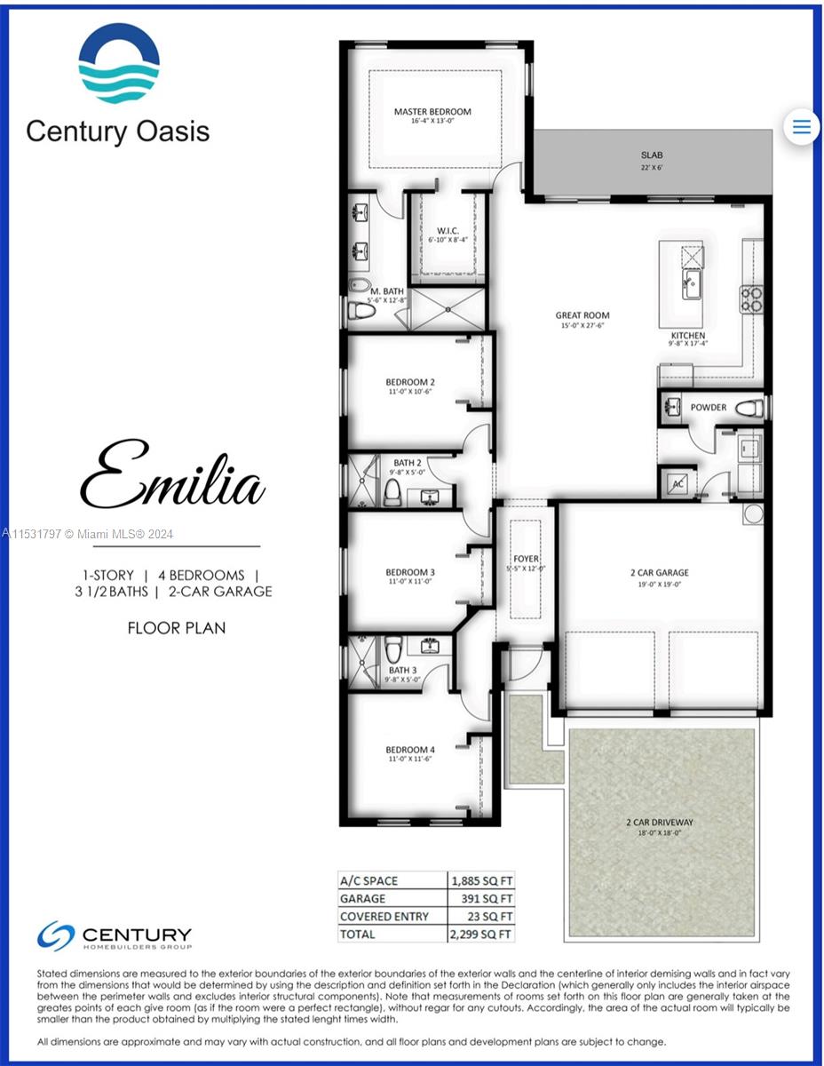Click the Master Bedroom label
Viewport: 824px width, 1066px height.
coord(432,112)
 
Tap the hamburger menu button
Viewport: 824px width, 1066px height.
coord(801,126)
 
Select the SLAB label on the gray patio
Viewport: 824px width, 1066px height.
coord(652,155)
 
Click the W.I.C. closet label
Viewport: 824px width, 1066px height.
coord(448,231)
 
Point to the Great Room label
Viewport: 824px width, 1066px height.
coord(582,315)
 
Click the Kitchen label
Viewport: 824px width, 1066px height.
coord(688,336)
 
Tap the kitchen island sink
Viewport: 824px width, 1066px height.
coord(689,287)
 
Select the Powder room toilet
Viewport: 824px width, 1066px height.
coord(749,408)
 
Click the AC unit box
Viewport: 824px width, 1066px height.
coord(678,483)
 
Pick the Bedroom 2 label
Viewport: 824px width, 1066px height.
coord(409,382)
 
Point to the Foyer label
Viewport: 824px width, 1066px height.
coord(526,559)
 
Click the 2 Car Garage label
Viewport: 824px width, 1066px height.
coord(659,573)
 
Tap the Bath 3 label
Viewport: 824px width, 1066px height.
coord(401,671)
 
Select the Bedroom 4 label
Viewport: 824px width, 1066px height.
coord(409,749)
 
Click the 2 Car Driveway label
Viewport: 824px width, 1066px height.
coord(659,823)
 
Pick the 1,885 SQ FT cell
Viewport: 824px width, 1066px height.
coord(479,881)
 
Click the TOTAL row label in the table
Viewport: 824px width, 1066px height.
coord(358,935)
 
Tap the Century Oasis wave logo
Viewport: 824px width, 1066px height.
coord(119,64)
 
